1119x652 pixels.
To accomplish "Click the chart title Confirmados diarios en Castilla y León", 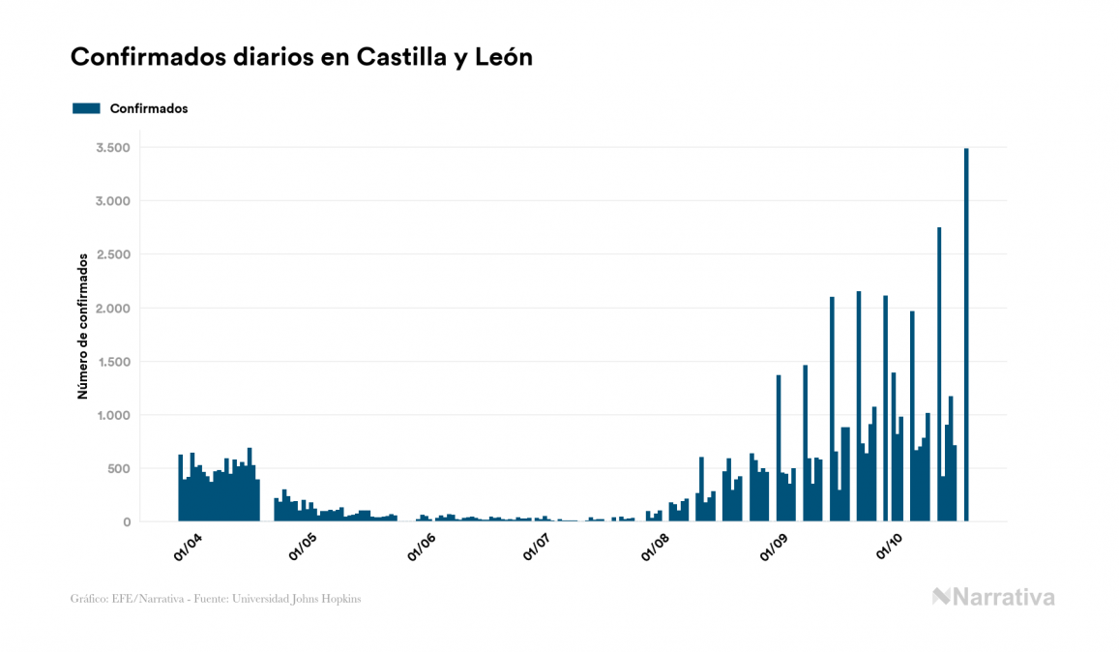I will point(302,57).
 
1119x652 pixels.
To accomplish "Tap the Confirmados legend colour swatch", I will point(86,108).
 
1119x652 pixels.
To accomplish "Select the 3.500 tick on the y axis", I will point(113,148).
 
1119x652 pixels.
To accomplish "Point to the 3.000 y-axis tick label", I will point(113,201).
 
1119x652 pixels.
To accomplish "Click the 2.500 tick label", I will point(113,254).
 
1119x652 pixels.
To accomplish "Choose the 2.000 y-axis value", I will point(113,309).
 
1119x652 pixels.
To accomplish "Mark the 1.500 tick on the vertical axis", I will point(113,362).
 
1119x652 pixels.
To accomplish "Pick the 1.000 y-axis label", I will point(113,415).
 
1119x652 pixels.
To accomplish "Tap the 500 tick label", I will point(119,469).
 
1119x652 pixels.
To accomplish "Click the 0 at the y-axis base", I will point(127,522).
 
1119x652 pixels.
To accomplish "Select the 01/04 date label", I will point(188,547).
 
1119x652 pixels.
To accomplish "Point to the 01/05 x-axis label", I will point(303,547).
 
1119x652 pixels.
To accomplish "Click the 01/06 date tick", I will point(421,547).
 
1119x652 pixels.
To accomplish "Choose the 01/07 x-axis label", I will point(537,547).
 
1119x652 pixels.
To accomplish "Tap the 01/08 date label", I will point(655,547).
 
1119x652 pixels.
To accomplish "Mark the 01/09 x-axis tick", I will point(774,547).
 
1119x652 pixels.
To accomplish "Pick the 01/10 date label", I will point(889,547).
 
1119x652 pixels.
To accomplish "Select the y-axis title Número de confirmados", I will point(83,326).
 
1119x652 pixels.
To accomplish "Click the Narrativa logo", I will point(993,597).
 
